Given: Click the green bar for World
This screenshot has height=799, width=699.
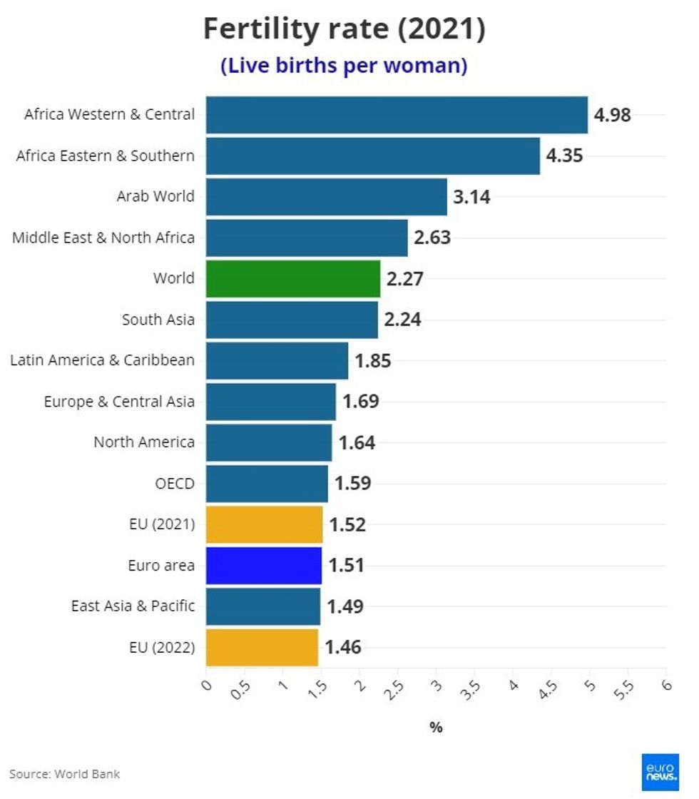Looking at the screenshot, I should click(x=293, y=278).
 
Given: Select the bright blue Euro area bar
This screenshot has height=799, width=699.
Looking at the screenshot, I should click(x=264, y=566).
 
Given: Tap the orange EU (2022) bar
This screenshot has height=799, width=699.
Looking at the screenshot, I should click(x=262, y=648).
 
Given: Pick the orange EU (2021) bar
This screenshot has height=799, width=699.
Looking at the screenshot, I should click(x=264, y=525).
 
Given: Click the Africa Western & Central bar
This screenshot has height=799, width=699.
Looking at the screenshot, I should click(x=397, y=115).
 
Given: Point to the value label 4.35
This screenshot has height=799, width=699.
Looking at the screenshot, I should click(x=564, y=156).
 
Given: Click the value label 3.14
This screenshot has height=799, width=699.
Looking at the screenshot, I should click(x=471, y=197).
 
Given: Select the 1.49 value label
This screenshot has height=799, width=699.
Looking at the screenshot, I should click(x=345, y=606).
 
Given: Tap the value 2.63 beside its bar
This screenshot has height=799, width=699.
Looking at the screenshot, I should click(x=432, y=238).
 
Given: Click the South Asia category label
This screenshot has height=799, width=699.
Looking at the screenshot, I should click(x=158, y=320).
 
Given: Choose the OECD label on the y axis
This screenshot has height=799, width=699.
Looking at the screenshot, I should click(x=174, y=484).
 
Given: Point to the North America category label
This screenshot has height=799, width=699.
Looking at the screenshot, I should click(x=144, y=442).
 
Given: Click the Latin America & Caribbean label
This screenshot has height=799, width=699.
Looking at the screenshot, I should click(x=102, y=360).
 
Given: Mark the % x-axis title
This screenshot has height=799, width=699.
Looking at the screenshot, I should click(x=436, y=727).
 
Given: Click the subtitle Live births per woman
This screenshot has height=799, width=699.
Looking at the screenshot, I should click(x=344, y=66).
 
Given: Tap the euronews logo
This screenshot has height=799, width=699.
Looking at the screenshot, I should click(x=659, y=772).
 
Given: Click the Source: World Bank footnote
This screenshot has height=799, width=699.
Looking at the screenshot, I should click(x=65, y=774).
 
